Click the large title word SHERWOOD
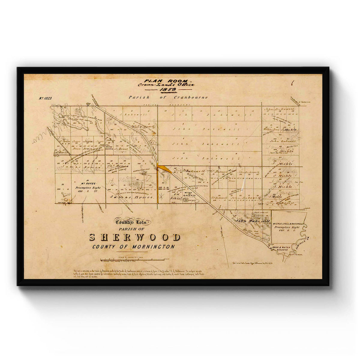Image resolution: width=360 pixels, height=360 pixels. click(135, 237)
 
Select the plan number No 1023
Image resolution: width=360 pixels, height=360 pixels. click(45, 98)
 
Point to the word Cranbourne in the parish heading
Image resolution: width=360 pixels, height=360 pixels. click(190, 97)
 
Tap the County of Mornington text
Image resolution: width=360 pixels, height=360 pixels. click(134, 247)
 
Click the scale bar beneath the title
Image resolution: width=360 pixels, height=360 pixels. click(132, 259)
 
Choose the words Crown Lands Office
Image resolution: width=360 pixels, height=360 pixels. click(166, 85)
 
